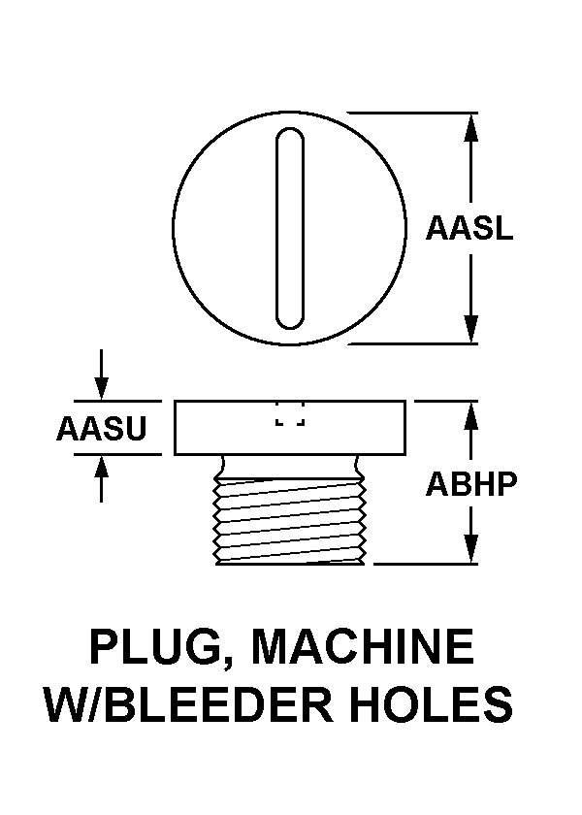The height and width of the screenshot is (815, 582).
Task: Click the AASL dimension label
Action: click(x=469, y=228)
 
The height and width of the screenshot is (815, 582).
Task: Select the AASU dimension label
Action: click(x=101, y=428)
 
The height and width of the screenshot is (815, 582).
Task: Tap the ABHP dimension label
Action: click(x=471, y=484)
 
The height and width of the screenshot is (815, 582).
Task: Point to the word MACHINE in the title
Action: click(x=363, y=646)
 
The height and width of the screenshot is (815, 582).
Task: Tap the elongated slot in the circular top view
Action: click(x=290, y=228)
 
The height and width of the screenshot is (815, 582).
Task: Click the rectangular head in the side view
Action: click(x=290, y=428)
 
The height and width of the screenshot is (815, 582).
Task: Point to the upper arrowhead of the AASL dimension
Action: click(x=470, y=127)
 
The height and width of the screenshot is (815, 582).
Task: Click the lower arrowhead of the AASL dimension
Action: click(x=470, y=329)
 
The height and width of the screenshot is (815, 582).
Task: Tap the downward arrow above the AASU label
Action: click(x=101, y=375)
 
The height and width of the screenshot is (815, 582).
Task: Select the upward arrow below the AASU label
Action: click(x=101, y=478)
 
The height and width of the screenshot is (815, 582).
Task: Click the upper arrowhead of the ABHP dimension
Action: click(x=470, y=415)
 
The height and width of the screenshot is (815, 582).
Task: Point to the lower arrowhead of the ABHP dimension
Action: click(x=470, y=549)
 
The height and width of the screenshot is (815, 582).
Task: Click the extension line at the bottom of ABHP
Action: click(x=426, y=564)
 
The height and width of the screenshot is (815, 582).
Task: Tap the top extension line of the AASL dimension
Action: click(x=412, y=113)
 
